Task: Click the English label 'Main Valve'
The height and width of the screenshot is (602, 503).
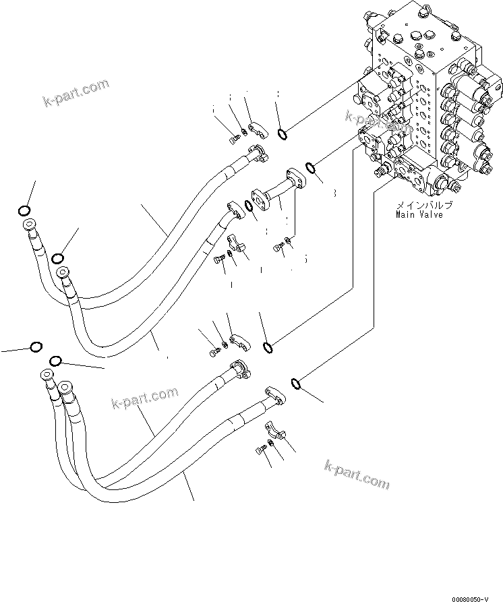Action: click(x=419, y=215)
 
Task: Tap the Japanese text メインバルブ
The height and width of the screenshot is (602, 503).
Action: click(x=423, y=205)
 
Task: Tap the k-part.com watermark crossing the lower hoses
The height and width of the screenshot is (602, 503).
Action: click(x=145, y=398)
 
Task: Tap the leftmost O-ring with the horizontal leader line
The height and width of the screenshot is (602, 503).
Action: click(x=36, y=347)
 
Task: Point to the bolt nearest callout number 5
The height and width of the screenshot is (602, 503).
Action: click(x=278, y=249)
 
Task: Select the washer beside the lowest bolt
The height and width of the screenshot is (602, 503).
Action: click(x=270, y=442)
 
